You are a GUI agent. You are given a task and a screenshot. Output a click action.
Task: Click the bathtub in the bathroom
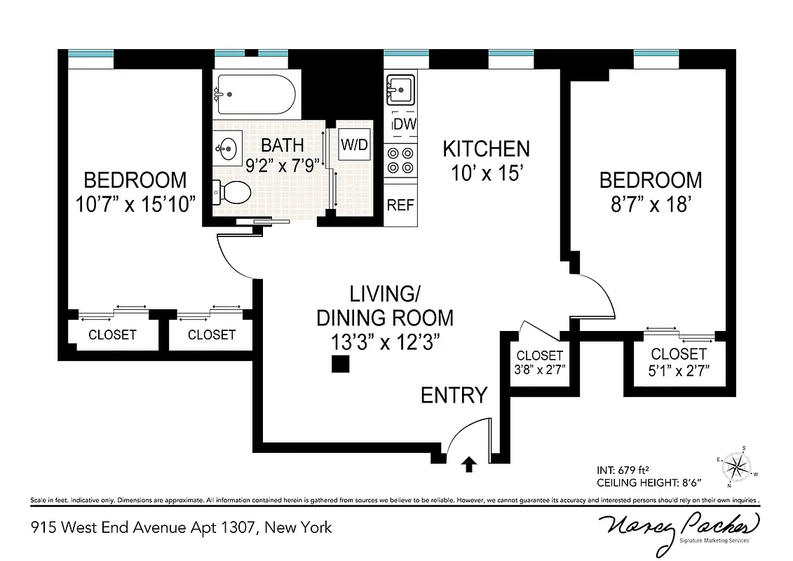(x=255, y=94)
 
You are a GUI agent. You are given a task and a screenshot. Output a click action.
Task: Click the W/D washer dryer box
(x=354, y=144)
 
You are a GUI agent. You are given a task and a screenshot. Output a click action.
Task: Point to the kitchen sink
(x=401, y=90)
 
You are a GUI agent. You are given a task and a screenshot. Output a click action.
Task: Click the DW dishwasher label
(x=404, y=124)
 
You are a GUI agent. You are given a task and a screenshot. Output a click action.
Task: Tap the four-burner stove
(x=400, y=160)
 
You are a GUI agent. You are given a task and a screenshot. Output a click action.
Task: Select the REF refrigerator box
(x=400, y=205)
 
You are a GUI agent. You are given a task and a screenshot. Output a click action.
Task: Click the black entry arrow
(x=469, y=463)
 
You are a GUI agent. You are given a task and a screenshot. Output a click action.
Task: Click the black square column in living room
(x=341, y=365)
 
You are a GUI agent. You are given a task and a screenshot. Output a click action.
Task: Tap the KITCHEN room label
(x=486, y=149)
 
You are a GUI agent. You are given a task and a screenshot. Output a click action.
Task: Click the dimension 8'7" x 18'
(x=650, y=205)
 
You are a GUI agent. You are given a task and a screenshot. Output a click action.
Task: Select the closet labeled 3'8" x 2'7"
(x=539, y=362)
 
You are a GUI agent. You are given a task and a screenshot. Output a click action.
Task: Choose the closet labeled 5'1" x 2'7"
(x=678, y=362)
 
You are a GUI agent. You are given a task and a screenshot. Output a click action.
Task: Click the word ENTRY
(x=454, y=396)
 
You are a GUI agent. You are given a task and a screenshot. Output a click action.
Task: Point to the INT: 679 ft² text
(x=626, y=470)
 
